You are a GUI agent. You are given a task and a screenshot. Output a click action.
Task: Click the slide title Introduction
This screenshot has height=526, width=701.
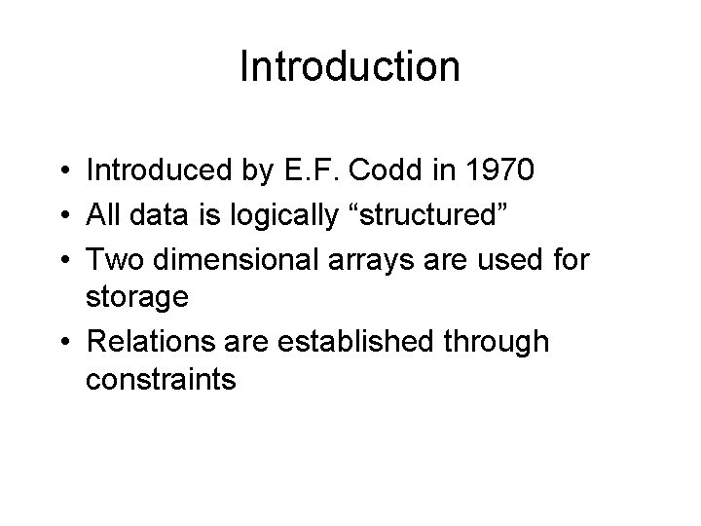350,67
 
